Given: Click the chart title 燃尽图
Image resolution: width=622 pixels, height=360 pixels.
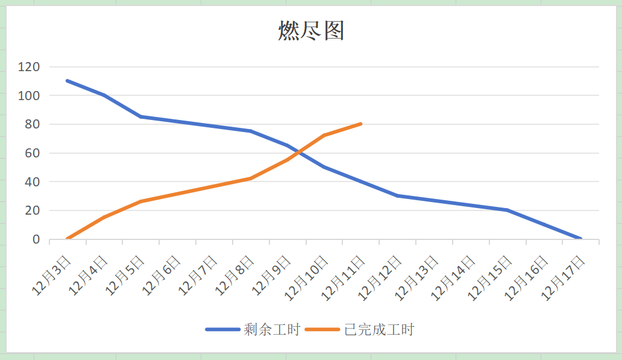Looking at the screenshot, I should pos(311,30).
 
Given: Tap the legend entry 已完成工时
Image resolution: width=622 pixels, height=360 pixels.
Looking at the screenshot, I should pos(379,329).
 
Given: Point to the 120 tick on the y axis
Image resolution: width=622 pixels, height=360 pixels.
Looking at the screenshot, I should pos(29,67).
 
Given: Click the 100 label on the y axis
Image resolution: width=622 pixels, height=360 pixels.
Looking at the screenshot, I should pos(29,95).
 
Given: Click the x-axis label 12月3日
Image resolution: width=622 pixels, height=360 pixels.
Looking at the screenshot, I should pos(52,274).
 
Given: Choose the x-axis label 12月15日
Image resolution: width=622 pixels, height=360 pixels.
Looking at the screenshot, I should pos(490,277).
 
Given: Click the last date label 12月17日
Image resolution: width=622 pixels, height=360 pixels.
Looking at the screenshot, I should pos(564,277).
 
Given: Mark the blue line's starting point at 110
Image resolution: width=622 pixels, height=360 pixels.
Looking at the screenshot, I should pos(68,81).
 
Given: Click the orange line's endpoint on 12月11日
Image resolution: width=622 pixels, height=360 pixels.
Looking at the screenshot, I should pos(360,124).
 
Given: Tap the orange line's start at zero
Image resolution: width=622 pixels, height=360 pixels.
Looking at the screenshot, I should pos(68,239).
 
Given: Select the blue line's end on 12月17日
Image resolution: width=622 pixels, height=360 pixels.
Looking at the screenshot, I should pos(580,239).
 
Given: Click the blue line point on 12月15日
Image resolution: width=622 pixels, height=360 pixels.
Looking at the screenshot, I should pos(507,210).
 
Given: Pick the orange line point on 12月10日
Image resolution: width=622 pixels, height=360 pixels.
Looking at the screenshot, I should pos(324,136).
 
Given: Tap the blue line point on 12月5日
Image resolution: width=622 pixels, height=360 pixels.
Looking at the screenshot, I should pos(140,117).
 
